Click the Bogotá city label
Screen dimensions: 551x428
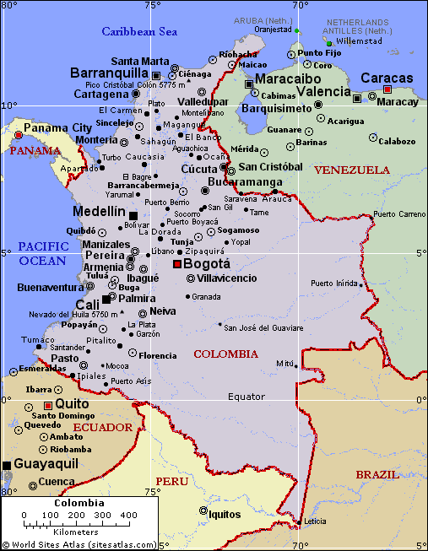click(x=207, y=263)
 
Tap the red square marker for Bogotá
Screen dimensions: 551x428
click(x=176, y=264)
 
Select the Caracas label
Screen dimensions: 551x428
click(x=387, y=78)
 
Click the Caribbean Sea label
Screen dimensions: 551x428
click(x=139, y=31)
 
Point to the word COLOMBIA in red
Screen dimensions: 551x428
click(x=225, y=354)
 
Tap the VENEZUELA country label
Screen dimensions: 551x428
click(x=351, y=170)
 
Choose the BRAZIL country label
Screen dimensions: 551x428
click(x=377, y=474)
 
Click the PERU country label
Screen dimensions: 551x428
click(x=171, y=481)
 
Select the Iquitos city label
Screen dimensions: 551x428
click(x=225, y=513)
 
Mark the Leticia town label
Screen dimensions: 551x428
click(x=314, y=521)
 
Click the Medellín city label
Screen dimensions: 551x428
click(x=99, y=212)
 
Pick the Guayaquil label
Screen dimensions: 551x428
click(x=46, y=463)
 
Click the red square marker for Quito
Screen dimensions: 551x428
click(x=48, y=406)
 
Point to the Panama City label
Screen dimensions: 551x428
click(x=57, y=127)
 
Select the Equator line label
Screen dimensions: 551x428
click(x=247, y=397)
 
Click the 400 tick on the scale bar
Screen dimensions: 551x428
click(x=128, y=515)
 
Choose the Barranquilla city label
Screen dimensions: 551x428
click(x=109, y=73)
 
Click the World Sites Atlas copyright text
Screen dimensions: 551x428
click(x=79, y=544)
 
